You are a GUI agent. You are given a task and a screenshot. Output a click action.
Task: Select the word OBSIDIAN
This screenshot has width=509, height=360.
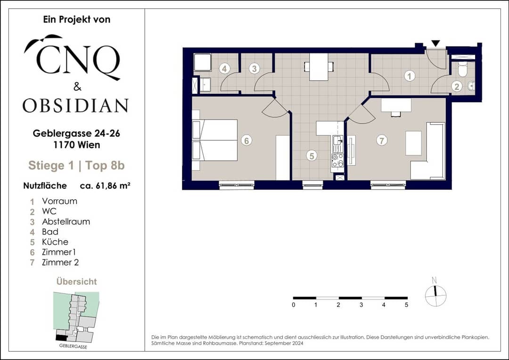click(x=75, y=106)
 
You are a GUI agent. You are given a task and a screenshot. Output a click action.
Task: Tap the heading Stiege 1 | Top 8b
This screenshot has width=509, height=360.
click(x=77, y=166)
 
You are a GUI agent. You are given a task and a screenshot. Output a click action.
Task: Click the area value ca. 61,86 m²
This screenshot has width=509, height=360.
click(x=105, y=186)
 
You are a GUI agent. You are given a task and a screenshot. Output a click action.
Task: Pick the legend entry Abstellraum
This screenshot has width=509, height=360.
click(x=66, y=222)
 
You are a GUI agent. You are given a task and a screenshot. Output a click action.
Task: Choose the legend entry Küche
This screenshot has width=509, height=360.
click(x=55, y=242)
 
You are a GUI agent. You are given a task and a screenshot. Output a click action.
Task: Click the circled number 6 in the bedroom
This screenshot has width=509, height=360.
click(x=246, y=141)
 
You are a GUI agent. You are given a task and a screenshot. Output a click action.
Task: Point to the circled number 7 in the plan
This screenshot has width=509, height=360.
click(x=382, y=141)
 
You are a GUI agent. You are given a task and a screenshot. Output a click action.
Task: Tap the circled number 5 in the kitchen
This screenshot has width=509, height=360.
click(x=312, y=156)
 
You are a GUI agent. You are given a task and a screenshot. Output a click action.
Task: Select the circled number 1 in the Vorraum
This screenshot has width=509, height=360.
click(x=410, y=76)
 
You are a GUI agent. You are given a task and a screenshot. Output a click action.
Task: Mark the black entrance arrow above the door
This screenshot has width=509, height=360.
click(x=435, y=43)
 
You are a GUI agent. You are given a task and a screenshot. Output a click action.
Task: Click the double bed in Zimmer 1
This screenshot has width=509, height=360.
click(x=215, y=140)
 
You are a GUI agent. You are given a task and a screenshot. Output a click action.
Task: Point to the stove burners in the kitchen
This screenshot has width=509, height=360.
click(x=337, y=160)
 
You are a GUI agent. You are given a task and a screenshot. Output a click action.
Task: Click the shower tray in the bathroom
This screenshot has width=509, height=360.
click(x=203, y=62)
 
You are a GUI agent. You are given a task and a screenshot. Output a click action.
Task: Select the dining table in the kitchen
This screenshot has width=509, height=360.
click(x=319, y=67)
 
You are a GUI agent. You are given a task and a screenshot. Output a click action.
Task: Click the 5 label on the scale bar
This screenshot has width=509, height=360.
click(x=406, y=305)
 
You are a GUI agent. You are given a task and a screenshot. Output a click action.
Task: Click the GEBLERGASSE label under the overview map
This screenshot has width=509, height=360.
click(x=73, y=346)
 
